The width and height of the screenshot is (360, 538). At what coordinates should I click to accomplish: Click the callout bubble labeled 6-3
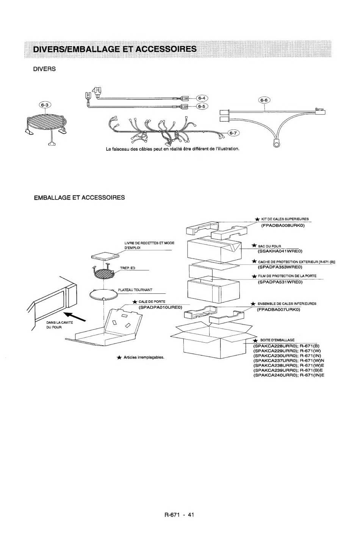[x=45, y=105]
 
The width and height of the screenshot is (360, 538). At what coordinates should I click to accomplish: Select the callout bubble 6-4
[x=202, y=98]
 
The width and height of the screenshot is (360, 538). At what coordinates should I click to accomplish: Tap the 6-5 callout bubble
[x=202, y=106]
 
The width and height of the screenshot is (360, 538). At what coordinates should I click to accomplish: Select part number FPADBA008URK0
[x=283, y=226]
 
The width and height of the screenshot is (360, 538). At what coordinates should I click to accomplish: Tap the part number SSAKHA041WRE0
[x=280, y=251]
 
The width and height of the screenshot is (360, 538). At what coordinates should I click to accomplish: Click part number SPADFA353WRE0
[x=280, y=267]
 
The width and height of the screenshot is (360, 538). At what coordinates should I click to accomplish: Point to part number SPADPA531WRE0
[x=280, y=282]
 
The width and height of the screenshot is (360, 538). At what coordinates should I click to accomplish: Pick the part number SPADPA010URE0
[x=161, y=307]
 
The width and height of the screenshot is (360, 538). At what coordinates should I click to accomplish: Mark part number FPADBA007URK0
[x=279, y=310]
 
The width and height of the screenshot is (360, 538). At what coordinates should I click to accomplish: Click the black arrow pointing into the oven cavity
[x=75, y=316]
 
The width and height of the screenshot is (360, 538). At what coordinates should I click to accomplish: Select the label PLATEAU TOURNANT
[x=135, y=290]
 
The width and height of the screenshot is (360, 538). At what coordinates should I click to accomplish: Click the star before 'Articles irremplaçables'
[x=119, y=358]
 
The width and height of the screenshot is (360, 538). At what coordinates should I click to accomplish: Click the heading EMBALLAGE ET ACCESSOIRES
[x=79, y=197]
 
